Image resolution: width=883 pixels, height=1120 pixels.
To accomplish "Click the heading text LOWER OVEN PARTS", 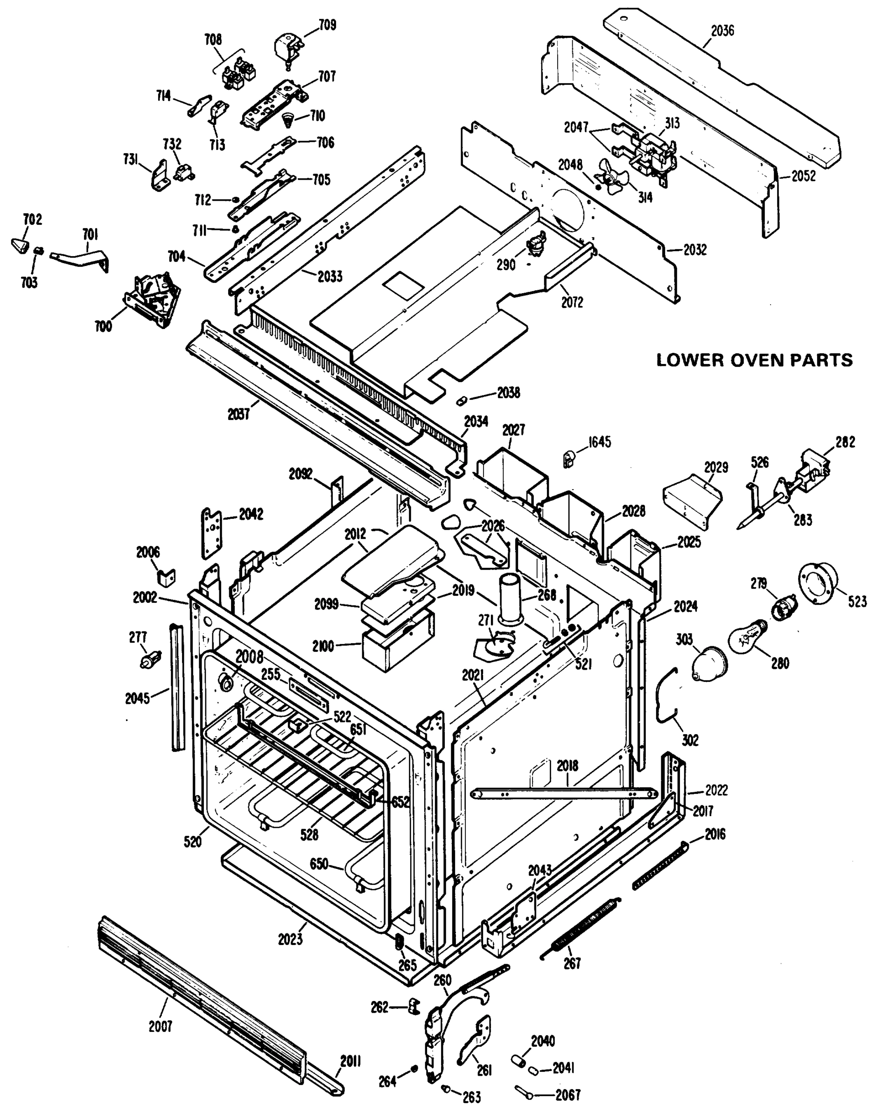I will (x=754, y=360).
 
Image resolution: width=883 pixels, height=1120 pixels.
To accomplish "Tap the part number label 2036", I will (x=722, y=31).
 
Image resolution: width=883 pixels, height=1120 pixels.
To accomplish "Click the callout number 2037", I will (x=238, y=414).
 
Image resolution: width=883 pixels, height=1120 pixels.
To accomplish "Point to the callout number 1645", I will (x=599, y=442).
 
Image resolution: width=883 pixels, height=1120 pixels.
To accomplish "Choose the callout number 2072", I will (x=572, y=302).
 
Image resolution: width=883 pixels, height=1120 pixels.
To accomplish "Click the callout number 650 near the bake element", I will (x=318, y=864).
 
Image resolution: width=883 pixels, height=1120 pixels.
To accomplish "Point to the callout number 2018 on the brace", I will (x=567, y=765).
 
